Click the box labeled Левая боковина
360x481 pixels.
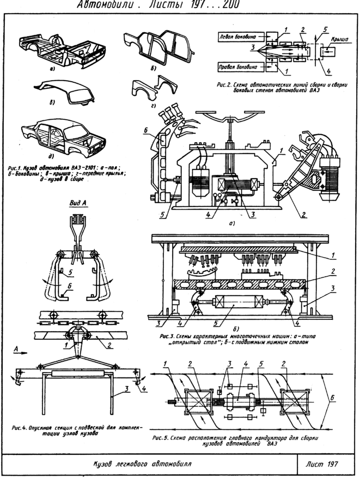coord(242,36)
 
